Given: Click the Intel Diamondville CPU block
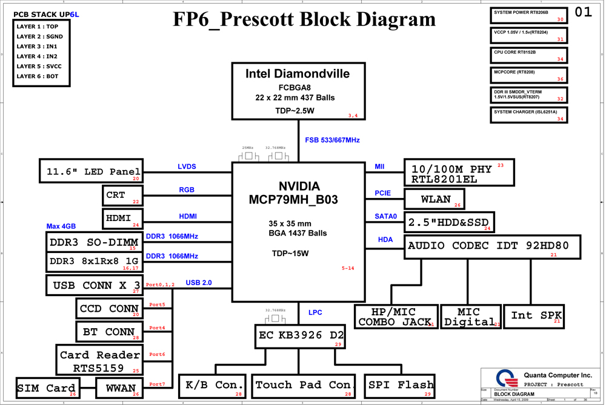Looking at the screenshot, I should point(298,90).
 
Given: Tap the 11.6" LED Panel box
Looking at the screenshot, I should point(91,171).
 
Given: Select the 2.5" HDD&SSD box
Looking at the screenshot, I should point(449,222).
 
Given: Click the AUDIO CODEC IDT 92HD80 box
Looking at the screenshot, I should point(492,246).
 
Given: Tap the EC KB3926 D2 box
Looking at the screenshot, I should point(300,336).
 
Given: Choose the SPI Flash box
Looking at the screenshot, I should point(400,386).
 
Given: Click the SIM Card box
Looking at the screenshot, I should point(47,388).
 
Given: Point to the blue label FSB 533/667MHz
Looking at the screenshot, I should point(332,140).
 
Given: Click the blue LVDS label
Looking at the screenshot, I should point(187,166).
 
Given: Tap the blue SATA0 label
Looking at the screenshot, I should point(385,216).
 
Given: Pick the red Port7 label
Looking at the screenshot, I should point(157,384).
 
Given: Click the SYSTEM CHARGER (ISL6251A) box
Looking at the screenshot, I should point(528,115).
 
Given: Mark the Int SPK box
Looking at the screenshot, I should point(534,316).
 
